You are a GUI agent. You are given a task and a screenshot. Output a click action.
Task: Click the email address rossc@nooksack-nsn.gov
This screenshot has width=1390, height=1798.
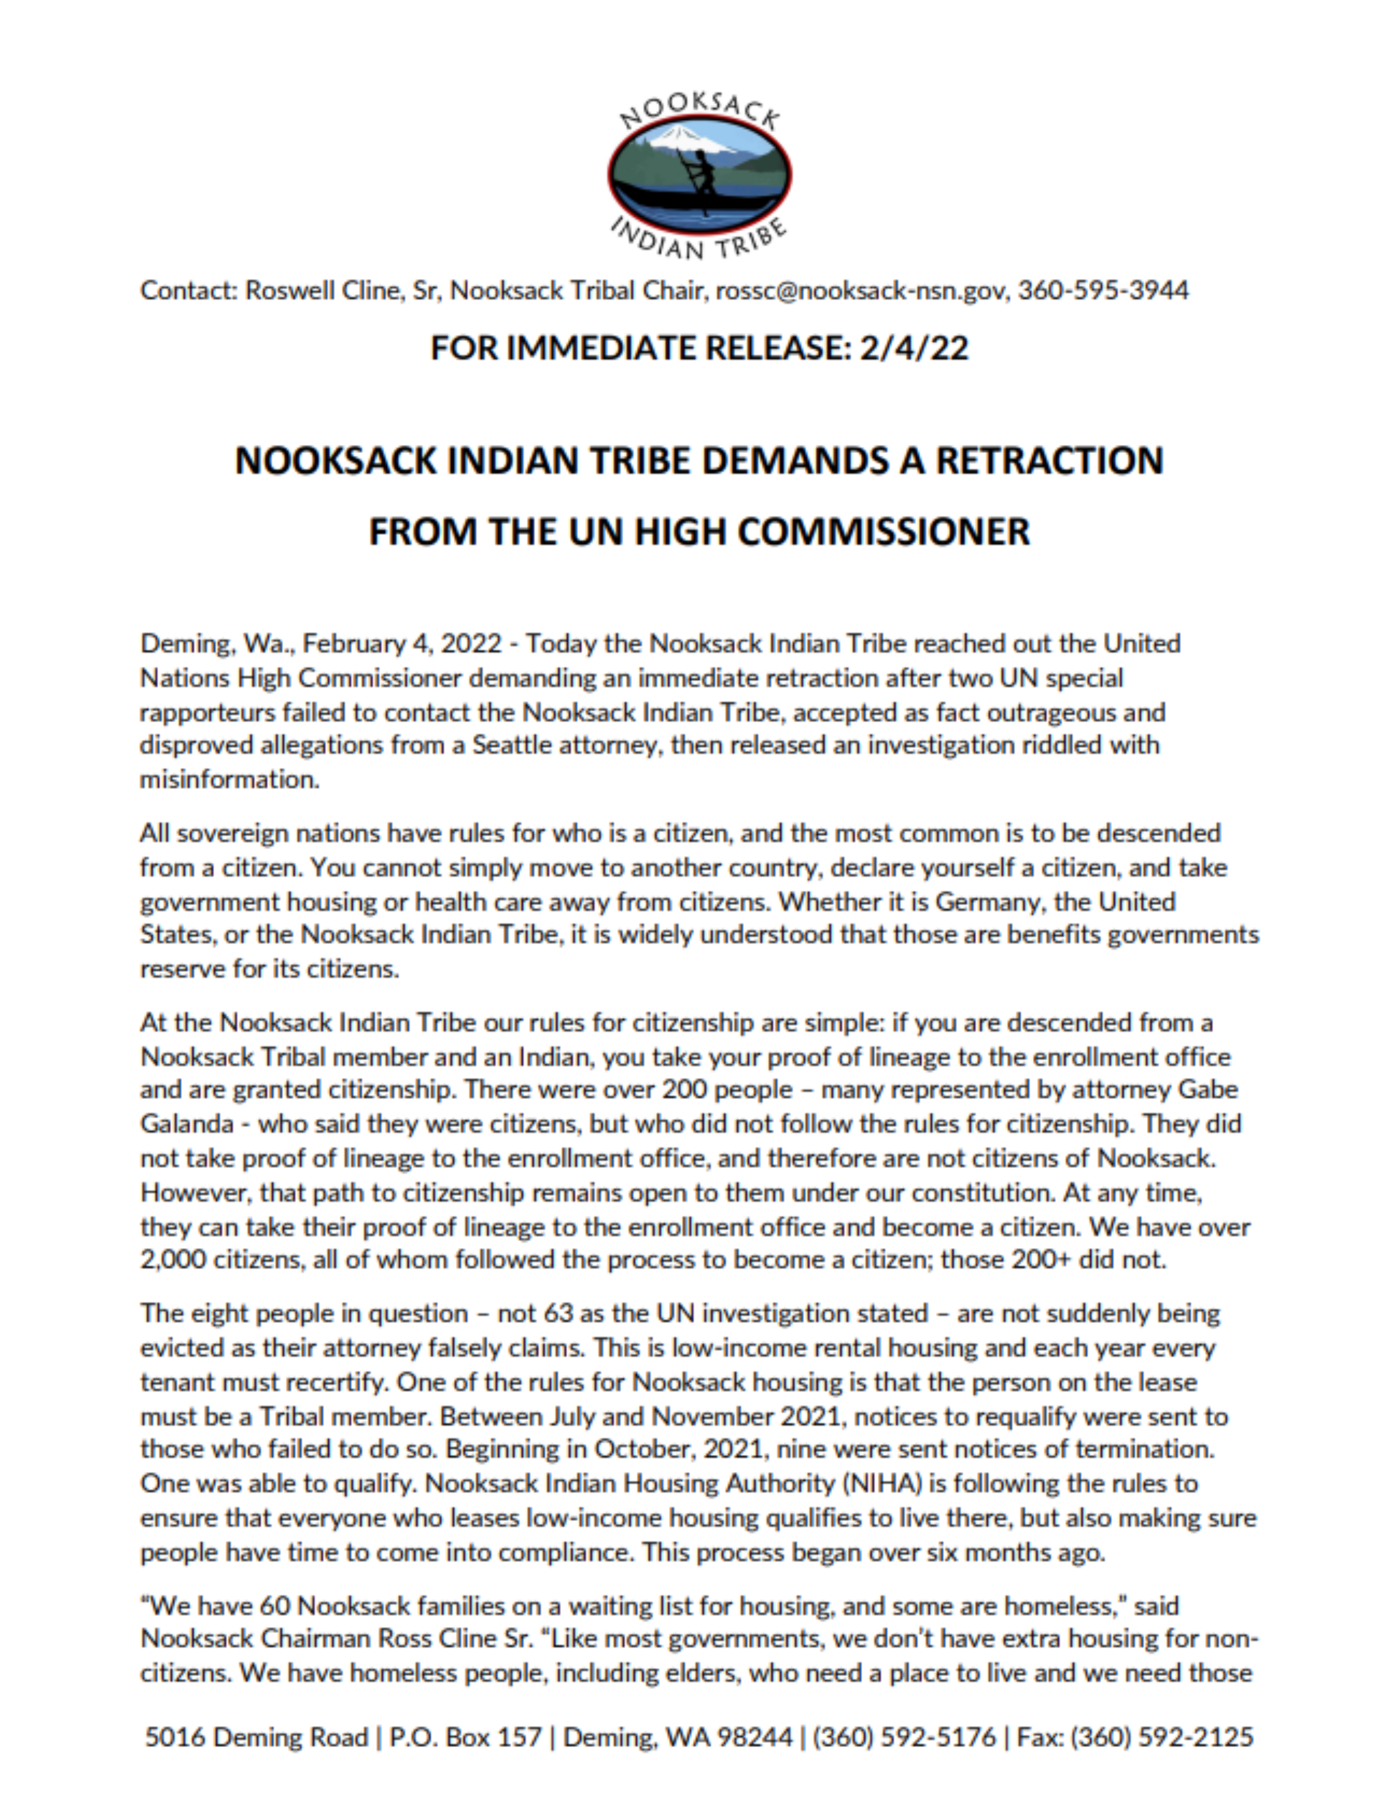click(862, 291)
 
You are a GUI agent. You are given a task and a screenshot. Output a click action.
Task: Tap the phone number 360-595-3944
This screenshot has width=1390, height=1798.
click(1103, 291)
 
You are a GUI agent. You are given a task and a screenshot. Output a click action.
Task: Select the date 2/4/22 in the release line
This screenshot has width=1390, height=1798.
click(914, 348)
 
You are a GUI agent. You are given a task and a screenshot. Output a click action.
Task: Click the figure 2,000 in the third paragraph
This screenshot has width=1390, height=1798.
click(173, 1260)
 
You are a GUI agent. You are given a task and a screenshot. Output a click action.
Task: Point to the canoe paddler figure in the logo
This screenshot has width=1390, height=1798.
click(700, 177)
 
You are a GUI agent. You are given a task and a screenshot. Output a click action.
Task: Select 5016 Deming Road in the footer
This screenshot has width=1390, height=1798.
click(256, 1737)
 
